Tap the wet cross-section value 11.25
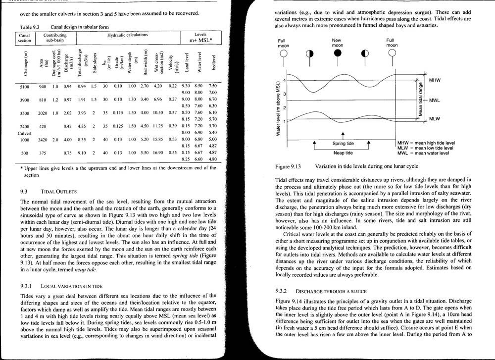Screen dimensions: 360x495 pos(158,126)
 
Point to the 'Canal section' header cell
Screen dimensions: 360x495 pos(24,38)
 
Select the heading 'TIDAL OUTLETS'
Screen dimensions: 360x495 pos(58,191)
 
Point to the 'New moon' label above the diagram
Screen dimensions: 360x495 pos(337,43)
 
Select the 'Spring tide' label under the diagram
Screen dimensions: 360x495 pos(342,144)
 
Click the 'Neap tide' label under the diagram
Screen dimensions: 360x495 pos(343,153)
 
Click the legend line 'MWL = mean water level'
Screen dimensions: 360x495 pos(423,154)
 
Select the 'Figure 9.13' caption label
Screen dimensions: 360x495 pos(288,167)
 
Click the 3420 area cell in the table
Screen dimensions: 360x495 pos(43,140)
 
